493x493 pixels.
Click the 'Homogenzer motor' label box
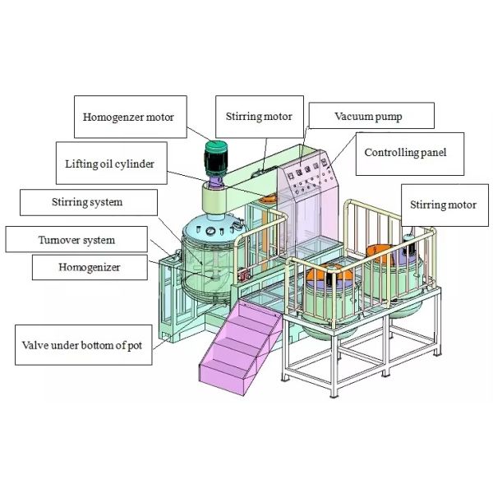tap(128, 117)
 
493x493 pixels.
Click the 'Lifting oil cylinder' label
tap(109, 164)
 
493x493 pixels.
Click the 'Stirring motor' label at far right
tap(443, 205)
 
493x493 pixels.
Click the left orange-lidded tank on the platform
tap(328, 288)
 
